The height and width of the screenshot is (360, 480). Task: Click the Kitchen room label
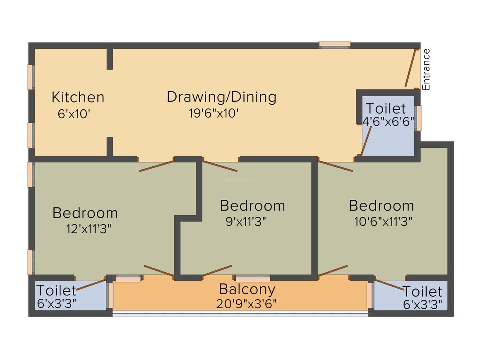pyautogui.click(x=78, y=98)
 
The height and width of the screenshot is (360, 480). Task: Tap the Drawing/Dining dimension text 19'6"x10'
pyautogui.click(x=214, y=113)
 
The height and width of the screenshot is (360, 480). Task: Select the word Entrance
pyautogui.click(x=426, y=69)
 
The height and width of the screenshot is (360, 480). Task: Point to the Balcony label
pyautogui.click(x=247, y=288)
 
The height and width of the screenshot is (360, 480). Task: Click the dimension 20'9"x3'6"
pyautogui.click(x=246, y=304)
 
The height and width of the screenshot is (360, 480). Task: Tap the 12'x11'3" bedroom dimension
pyautogui.click(x=89, y=229)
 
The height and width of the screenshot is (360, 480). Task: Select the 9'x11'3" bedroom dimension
pyautogui.click(x=245, y=221)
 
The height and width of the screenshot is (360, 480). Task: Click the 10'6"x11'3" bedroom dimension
pyautogui.click(x=383, y=221)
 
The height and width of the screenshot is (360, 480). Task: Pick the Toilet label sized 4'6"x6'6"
pyautogui.click(x=386, y=108)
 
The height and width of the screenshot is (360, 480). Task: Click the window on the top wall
pyautogui.click(x=335, y=44)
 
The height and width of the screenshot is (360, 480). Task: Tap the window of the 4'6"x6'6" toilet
pyautogui.click(x=419, y=118)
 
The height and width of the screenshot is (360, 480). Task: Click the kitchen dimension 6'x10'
pyautogui.click(x=74, y=114)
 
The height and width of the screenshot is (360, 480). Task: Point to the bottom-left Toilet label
pyautogui.click(x=56, y=290)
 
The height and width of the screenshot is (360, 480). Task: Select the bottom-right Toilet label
pyautogui.click(x=422, y=291)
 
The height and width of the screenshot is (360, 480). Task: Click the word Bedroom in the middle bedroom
pyautogui.click(x=252, y=206)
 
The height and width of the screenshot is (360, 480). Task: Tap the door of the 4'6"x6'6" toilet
pyautogui.click(x=367, y=141)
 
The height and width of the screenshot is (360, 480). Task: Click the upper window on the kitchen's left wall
pyautogui.click(x=30, y=77)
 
